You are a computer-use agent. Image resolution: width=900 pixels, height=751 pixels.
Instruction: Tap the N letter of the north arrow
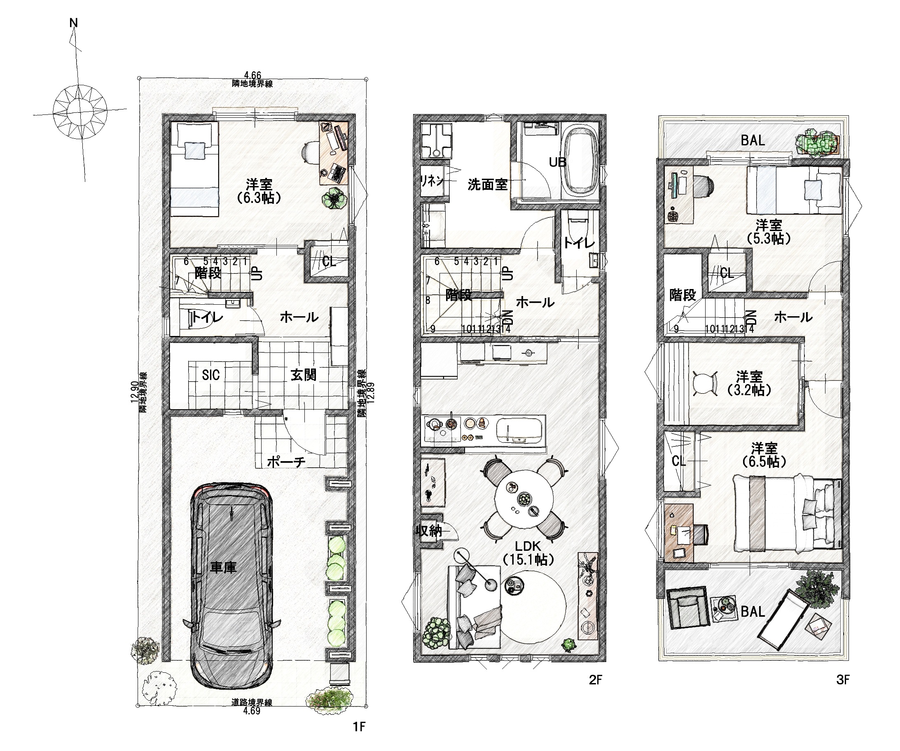(x=74, y=23)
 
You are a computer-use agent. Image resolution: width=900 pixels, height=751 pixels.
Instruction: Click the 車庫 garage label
(x=223, y=568)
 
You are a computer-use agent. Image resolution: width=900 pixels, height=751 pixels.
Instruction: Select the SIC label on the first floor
(x=211, y=375)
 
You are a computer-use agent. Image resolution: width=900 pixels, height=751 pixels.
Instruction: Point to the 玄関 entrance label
(x=304, y=375)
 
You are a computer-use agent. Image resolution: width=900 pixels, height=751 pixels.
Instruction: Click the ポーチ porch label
(x=286, y=462)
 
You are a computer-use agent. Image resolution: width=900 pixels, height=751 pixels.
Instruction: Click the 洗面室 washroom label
(x=487, y=184)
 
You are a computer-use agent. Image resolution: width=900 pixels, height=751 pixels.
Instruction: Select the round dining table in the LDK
(x=524, y=499)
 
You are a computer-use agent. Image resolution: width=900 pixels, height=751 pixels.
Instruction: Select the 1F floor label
(x=359, y=727)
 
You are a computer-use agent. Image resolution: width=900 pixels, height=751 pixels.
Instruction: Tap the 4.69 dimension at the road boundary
(x=252, y=711)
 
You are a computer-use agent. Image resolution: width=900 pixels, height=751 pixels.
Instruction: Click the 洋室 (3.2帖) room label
(x=750, y=383)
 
